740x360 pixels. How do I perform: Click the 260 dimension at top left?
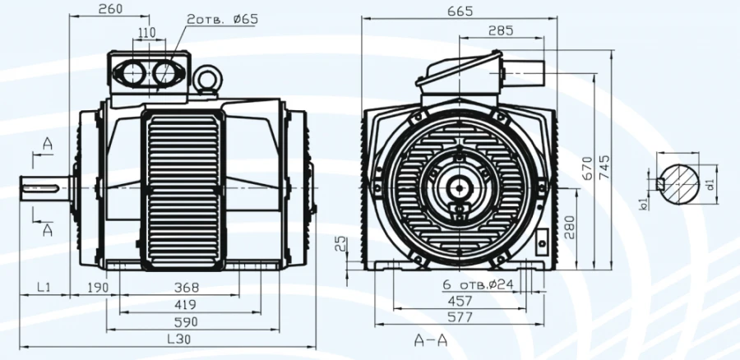click(x=109, y=10)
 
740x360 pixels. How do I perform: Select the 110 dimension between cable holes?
click(x=146, y=33)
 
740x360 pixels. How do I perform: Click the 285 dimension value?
click(x=500, y=30)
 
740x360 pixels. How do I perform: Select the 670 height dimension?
click(x=587, y=168)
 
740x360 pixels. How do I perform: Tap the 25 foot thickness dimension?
click(x=340, y=243)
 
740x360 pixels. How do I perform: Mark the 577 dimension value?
click(x=460, y=316)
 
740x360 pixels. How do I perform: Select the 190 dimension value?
click(x=99, y=287)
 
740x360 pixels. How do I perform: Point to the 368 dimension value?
click(x=187, y=287)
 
